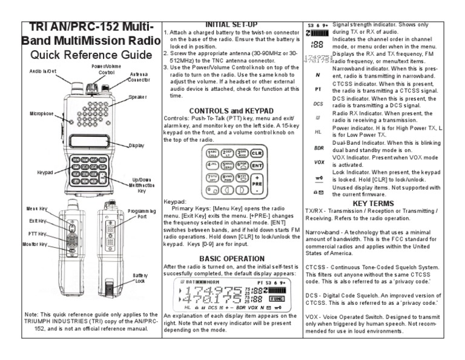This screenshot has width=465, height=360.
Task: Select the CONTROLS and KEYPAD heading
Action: [231, 110]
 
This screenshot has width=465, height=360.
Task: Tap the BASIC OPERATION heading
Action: [231, 258]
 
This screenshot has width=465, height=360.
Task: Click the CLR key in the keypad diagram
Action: [257, 153]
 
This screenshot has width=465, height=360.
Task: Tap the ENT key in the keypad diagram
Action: [257, 165]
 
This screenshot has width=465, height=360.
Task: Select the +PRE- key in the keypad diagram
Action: [257, 182]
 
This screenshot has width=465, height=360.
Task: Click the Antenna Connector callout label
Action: [139, 76]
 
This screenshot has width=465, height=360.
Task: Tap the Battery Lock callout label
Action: [140, 278]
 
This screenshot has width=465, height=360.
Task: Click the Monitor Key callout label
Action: [35, 244]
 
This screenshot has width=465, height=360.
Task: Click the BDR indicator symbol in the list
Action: [318, 147]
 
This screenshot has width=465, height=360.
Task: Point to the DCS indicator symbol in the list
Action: [318, 104]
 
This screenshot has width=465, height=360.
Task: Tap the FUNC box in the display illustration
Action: [279, 298]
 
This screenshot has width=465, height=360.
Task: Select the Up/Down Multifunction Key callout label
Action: [141, 185]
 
